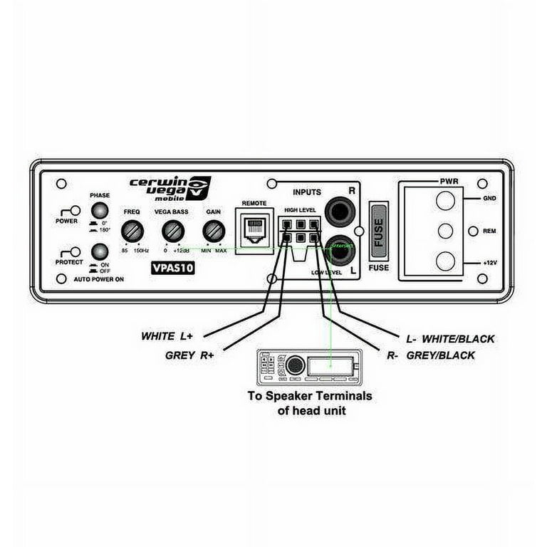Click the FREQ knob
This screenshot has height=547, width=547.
[131, 231]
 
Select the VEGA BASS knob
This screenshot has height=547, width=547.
[172, 231]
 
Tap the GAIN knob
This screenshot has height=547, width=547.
[213, 231]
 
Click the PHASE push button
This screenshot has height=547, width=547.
[100, 211]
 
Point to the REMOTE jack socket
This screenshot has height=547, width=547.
[254, 229]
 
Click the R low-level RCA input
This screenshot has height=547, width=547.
[338, 212]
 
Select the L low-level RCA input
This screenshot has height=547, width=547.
[338, 248]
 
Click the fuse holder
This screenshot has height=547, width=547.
[379, 232]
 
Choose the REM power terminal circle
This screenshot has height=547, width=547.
[445, 231]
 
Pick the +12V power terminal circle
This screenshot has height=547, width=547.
[445, 261]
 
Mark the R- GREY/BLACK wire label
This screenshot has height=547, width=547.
[432, 355]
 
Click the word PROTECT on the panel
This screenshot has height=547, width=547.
[69, 261]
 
